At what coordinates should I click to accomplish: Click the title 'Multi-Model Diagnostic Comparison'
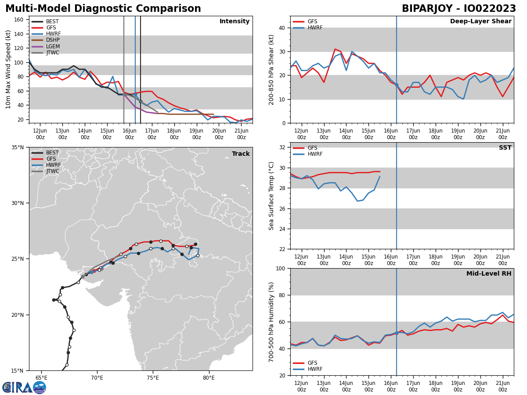coord(103,9)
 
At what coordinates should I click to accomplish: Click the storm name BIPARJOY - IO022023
coord(459,9)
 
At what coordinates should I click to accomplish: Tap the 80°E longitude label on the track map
coord(209,377)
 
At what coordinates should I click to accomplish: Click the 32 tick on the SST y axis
coord(282,147)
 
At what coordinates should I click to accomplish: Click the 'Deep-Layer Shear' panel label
coord(480,22)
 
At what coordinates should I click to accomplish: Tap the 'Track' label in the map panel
coord(241,154)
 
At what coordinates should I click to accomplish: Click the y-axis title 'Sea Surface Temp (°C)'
coord(271,196)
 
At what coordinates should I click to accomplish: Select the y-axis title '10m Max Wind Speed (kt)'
coord(8,69)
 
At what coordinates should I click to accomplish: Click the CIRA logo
coord(24,387)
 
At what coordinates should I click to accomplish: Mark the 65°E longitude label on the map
coord(41,377)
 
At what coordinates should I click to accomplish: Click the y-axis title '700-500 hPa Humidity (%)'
coord(271,322)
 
